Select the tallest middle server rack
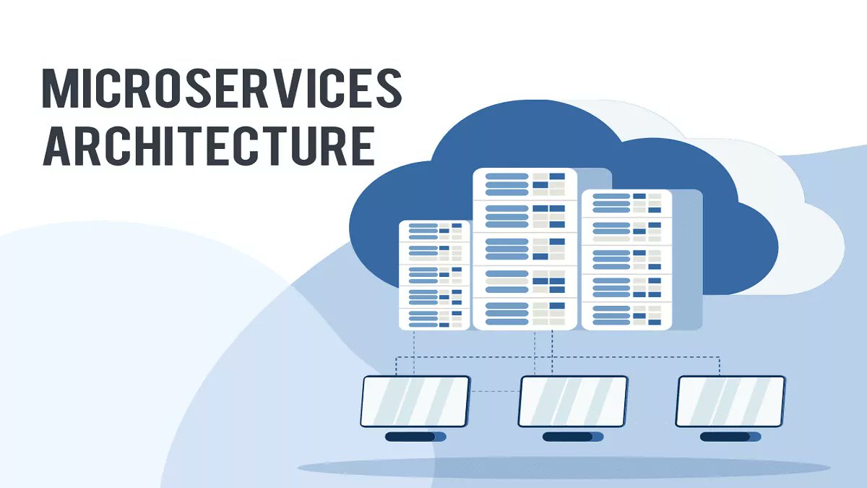coord(525,249)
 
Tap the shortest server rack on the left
coord(434,275)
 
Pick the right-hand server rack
coord(626,260)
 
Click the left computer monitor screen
coord(415,401)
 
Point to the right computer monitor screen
coord(730,401)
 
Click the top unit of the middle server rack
coord(525,184)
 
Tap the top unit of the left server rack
coord(434,231)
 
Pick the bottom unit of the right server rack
coord(626,314)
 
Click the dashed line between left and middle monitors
coord(495,392)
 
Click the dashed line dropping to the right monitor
coord(720,366)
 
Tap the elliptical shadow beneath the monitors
coord(564,468)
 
